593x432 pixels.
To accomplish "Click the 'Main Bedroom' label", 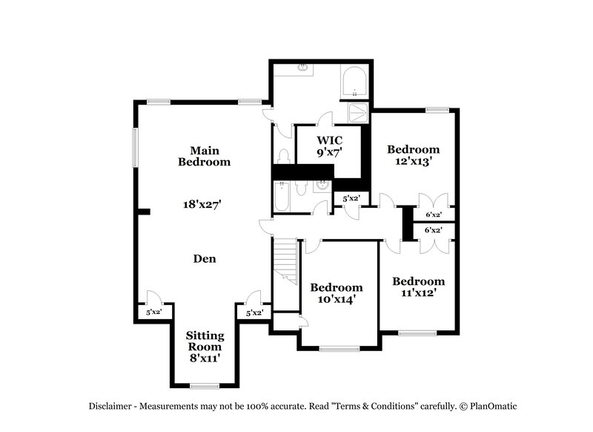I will [204, 155].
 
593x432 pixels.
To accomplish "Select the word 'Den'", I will [204, 259].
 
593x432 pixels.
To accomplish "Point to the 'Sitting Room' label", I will [204, 341].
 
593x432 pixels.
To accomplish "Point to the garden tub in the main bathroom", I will [354, 82].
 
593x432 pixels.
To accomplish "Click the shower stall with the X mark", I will [360, 113].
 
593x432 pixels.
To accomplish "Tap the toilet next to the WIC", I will [283, 156].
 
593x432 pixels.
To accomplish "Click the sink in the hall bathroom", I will [322, 186].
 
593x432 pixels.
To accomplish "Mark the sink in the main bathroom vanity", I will [303, 68].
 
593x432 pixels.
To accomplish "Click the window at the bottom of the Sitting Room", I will [204, 385].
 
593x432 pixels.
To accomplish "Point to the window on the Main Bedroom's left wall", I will [136, 147].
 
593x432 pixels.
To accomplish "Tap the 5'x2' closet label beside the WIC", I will [351, 199].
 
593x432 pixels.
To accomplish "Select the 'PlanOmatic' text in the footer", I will [491, 406].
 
